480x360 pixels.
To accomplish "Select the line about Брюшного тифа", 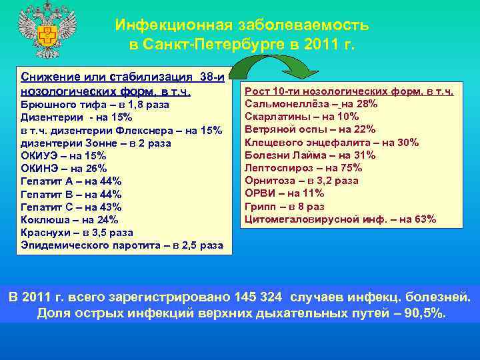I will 95,105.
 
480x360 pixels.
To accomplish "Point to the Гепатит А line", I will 71,181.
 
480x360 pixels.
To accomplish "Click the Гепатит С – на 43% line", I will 71,207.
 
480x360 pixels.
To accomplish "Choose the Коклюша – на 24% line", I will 69,220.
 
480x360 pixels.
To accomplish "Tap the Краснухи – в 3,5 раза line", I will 77,233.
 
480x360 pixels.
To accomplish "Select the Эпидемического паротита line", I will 122,245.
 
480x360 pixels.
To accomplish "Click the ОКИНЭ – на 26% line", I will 64,169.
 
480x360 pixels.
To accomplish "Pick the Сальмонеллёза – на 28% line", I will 311,104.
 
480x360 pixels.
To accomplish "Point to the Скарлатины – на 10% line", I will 302,117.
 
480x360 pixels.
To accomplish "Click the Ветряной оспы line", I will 310,129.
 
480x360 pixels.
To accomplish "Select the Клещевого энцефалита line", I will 331,143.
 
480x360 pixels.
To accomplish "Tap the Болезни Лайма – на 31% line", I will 319,155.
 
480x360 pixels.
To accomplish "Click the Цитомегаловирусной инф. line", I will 341,219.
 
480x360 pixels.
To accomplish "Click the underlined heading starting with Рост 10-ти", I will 349,91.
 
